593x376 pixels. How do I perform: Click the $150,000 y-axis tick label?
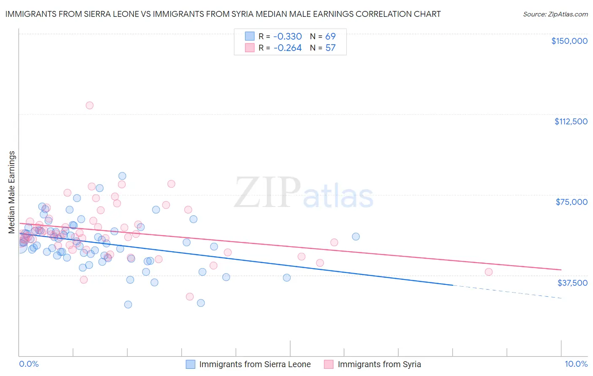pos(569,41)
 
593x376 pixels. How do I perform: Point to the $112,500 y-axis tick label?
pos(571,121)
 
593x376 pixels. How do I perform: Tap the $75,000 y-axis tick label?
pos(571,202)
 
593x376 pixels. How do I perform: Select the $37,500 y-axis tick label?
pos(572,283)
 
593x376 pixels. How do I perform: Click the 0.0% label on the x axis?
pos(29,364)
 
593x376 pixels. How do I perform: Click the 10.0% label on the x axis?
pos(576,364)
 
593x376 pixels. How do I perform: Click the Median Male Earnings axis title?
pos(12,192)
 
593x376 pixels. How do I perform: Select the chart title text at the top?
pos(223,14)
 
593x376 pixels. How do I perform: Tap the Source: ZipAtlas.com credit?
pos(555,14)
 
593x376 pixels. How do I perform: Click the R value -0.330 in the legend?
pos(288,36)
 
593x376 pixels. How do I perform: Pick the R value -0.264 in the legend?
pos(288,48)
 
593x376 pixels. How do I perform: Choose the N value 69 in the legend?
pos(330,36)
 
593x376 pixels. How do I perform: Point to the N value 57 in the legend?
pos(330,48)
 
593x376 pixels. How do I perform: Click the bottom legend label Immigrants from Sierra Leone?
pos(255,365)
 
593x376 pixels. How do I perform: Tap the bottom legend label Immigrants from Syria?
pos(379,365)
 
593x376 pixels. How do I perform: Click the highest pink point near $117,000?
pos(89,105)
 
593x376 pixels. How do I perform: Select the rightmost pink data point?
pos(488,272)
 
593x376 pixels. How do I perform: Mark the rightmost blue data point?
pos(356,236)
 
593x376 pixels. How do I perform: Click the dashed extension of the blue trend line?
pos(506,292)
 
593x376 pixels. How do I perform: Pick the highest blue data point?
pos(122,176)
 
